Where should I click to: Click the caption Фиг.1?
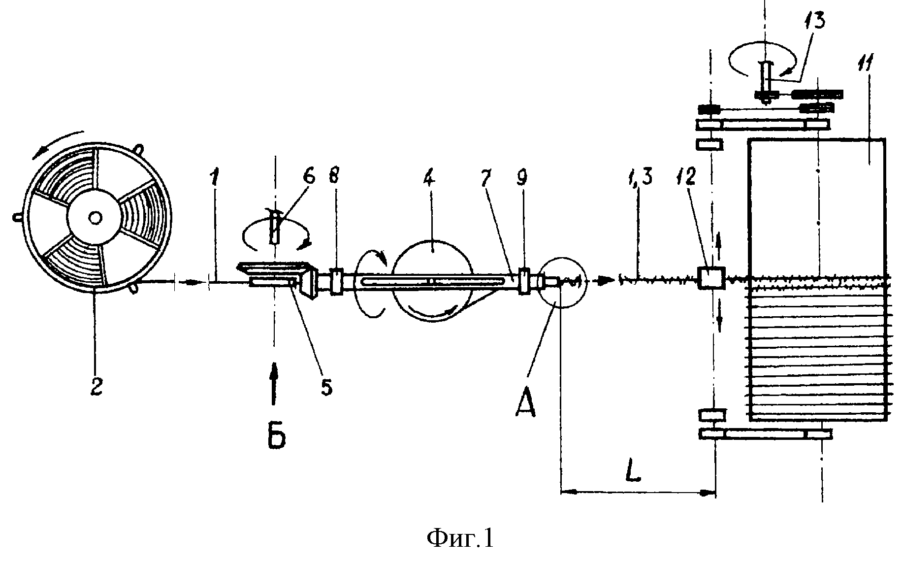[x=459, y=539]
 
